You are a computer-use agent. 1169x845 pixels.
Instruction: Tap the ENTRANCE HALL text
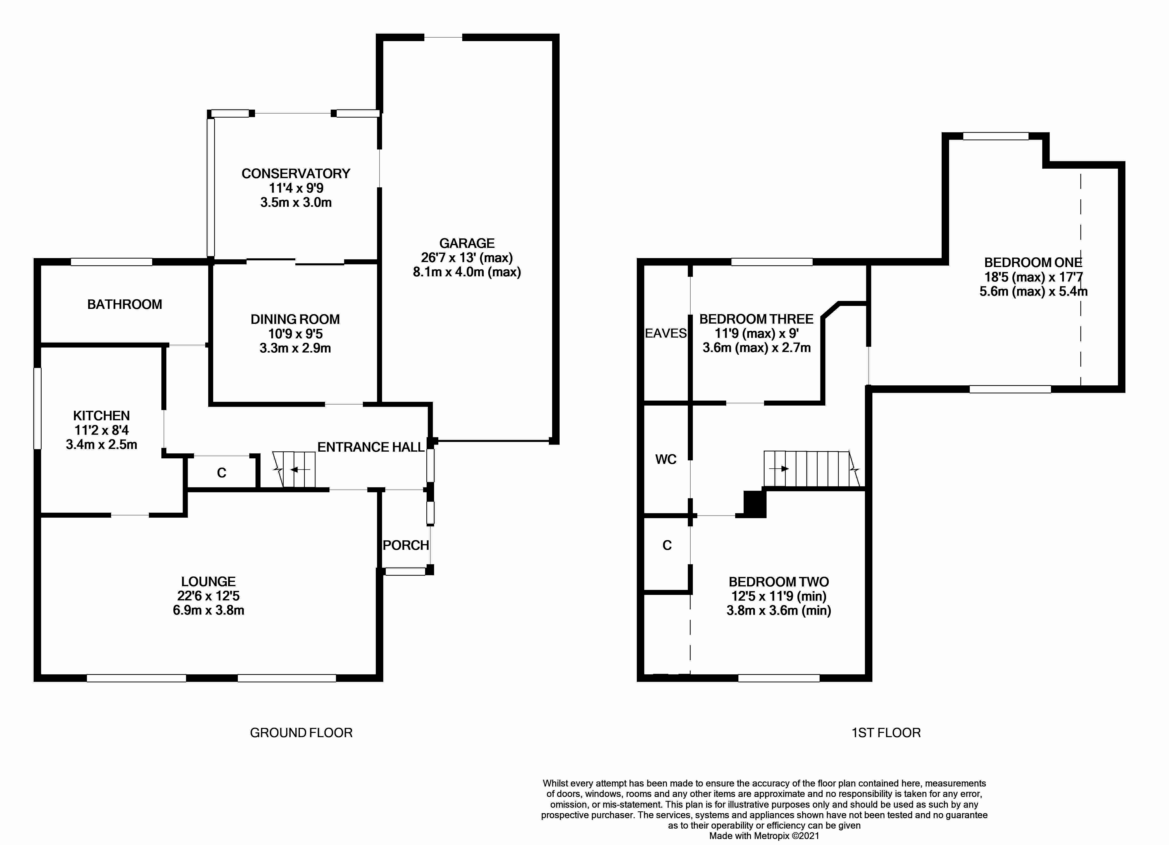pyautogui.click(x=371, y=447)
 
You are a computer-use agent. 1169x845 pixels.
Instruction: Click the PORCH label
pyautogui.click(x=406, y=545)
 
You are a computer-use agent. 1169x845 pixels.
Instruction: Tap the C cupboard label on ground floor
pyautogui.click(x=222, y=473)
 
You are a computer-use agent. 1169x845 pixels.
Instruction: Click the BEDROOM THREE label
pyautogui.click(x=756, y=319)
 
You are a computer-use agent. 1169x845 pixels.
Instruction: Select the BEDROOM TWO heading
pyautogui.click(x=778, y=582)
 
